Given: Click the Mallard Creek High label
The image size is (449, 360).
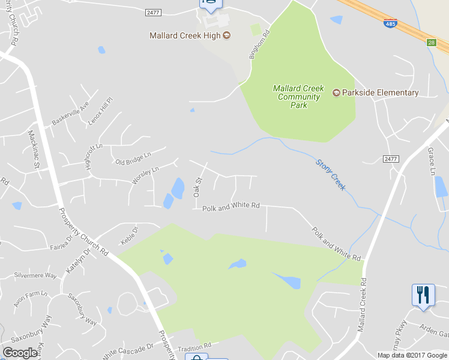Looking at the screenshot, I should tap(185, 35).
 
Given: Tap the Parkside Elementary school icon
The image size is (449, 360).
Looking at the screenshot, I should tap(336, 92).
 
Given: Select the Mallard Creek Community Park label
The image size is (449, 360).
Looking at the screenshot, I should tap(298, 97).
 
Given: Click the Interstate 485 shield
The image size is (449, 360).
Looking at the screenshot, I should tap(390, 23).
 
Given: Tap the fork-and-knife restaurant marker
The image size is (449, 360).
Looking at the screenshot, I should tap(423, 295).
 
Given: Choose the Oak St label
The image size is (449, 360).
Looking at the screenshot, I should tap(196, 187).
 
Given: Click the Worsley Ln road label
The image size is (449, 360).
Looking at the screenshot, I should tap(145, 175).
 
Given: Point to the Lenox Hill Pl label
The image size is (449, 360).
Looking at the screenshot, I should tap(101, 110).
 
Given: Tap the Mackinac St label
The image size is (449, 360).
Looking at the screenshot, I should tap(34, 148).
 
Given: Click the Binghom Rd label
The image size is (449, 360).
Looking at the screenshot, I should tap(256, 46).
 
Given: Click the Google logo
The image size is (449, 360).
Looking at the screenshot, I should tap(20, 353).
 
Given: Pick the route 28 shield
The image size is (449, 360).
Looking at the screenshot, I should tap(431, 42).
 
